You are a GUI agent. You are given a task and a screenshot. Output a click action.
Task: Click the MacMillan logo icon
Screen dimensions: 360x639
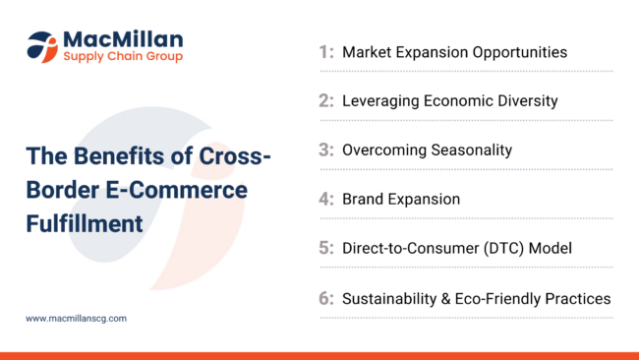tap(42, 45)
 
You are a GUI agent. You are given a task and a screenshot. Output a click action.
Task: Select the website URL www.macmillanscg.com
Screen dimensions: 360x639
tap(76, 319)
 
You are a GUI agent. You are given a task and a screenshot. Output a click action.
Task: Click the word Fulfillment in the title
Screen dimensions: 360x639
tap(85, 223)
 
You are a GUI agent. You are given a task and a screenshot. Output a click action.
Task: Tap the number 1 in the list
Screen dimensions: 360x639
tap(325, 52)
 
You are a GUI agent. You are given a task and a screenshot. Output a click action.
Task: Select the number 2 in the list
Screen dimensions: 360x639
tap(325, 101)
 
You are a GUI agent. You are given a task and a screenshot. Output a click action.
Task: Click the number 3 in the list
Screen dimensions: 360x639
tap(325, 150)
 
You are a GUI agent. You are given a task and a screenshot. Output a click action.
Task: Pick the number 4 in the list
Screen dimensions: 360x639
tap(325, 200)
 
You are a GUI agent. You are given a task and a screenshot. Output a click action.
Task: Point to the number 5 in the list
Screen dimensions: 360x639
tap(325, 249)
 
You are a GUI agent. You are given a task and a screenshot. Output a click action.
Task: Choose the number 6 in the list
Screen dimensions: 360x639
tap(325, 298)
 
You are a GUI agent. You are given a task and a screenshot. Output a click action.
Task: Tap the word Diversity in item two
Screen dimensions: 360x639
tap(525, 101)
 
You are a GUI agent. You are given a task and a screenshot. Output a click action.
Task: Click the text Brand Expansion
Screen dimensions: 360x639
tap(401, 200)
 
